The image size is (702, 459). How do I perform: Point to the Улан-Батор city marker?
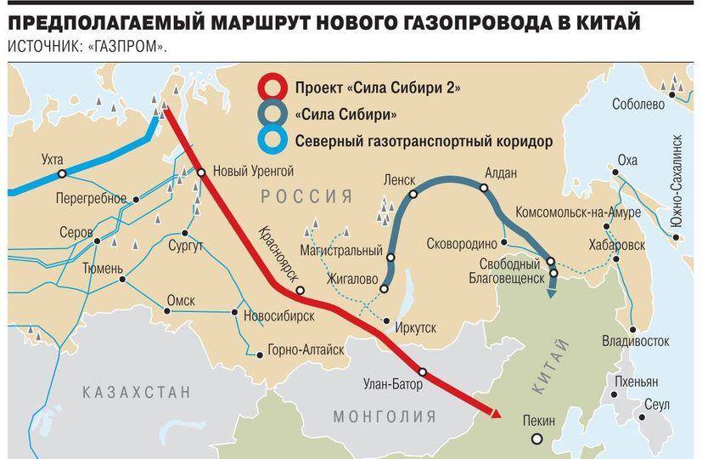pos(422,371)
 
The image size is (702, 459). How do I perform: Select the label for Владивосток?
pos(635,342)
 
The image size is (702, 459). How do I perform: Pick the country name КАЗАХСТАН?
pos(137,392)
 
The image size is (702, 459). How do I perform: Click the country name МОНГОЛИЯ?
pos(385,416)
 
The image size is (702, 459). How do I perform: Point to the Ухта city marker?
pos(62,173)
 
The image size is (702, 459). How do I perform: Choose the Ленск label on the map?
pos(400,180)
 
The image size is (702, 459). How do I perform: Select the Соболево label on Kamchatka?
pos(637,105)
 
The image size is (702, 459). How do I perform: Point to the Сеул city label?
pos(656,404)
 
